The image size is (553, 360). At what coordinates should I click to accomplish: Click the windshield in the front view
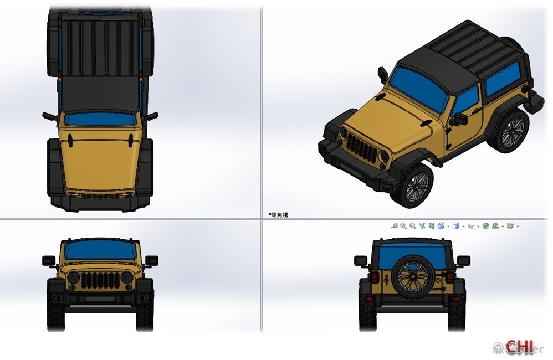pyautogui.click(x=100, y=251)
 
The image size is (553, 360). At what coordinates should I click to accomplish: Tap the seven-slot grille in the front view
pyautogui.click(x=100, y=279)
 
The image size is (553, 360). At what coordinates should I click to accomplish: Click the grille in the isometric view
pyautogui.click(x=362, y=148)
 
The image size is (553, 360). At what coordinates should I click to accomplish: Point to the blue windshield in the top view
pyautogui.click(x=100, y=120)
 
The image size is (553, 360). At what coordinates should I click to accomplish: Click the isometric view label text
pyautogui.click(x=278, y=215)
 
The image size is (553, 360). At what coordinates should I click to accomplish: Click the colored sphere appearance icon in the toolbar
pyautogui.click(x=486, y=226)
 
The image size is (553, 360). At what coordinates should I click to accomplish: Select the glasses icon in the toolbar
pyautogui.click(x=471, y=226)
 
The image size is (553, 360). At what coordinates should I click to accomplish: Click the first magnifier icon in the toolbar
pyautogui.click(x=395, y=226)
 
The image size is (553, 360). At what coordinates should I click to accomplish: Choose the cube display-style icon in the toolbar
pyautogui.click(x=455, y=226)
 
